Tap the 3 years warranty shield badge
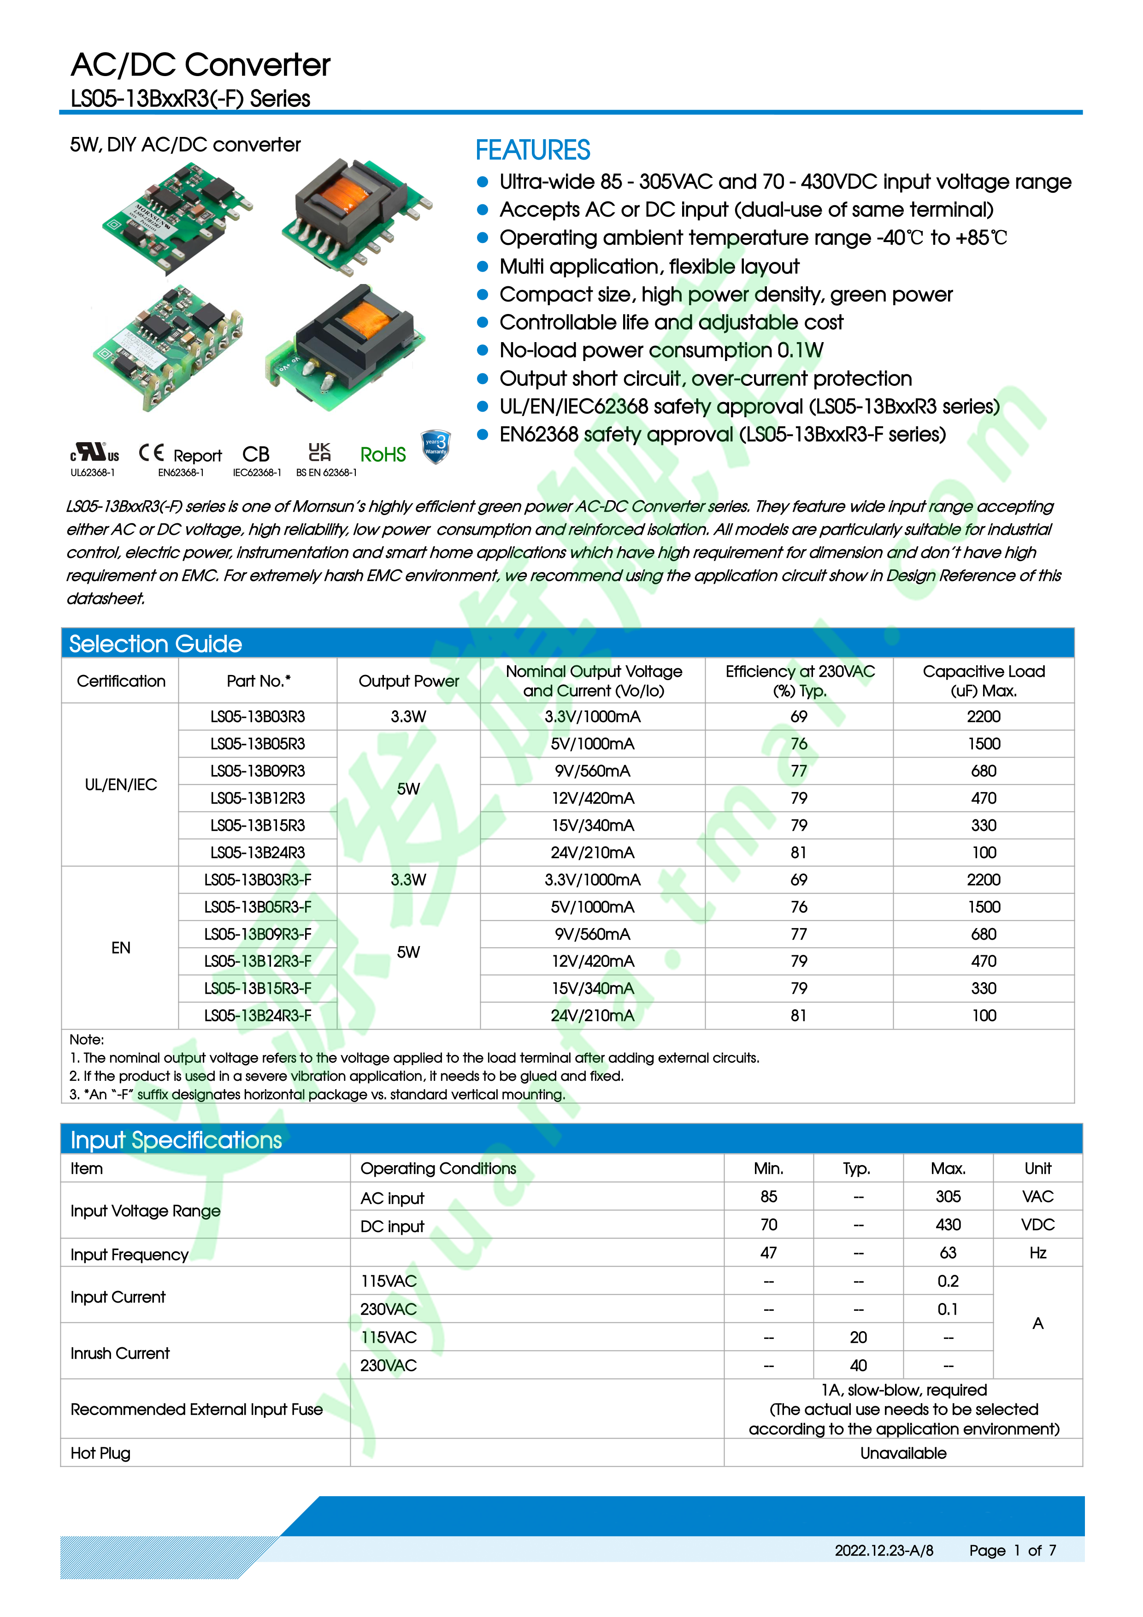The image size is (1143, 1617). point(436,447)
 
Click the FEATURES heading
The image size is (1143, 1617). point(533,150)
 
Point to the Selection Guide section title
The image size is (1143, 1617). point(155,644)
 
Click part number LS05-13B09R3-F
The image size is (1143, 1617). point(258,934)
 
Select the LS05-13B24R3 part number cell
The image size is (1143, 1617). point(258,852)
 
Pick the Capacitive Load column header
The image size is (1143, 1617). point(983,681)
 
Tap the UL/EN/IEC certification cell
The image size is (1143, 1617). point(121,785)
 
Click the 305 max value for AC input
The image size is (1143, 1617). point(948,1196)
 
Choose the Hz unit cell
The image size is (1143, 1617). point(1037,1253)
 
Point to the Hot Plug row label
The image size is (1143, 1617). point(100,1453)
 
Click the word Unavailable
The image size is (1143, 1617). point(903,1453)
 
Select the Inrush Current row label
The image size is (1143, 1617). point(120,1353)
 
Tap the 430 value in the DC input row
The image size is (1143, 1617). point(948,1225)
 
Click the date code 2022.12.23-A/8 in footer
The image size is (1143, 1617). point(884,1550)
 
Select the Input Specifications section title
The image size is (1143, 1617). point(176,1139)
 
